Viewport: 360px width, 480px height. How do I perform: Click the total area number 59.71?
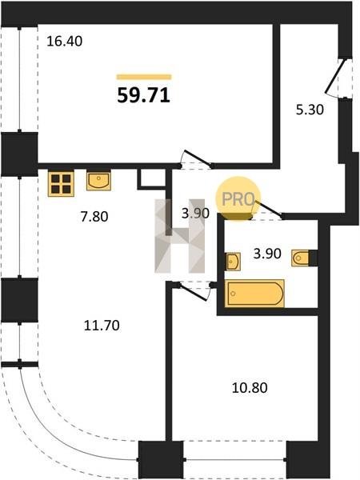click(x=143, y=95)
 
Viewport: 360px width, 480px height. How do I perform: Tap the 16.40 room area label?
click(x=64, y=42)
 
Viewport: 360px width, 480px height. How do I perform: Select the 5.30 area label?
click(x=310, y=110)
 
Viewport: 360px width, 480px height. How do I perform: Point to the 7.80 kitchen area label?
click(x=94, y=217)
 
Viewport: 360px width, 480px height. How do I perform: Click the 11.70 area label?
click(x=102, y=326)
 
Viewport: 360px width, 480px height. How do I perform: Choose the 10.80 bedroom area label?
click(x=250, y=388)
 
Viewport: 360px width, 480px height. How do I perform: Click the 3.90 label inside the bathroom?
click(x=267, y=254)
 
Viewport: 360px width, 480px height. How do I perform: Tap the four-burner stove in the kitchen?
click(x=61, y=184)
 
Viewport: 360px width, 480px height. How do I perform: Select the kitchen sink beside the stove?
click(x=98, y=181)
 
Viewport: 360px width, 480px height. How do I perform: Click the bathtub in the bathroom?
click(x=254, y=294)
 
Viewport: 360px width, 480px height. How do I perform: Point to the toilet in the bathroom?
click(x=301, y=258)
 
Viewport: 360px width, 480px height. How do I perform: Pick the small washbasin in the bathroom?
click(x=234, y=262)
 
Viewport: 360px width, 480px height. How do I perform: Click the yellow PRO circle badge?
click(x=238, y=199)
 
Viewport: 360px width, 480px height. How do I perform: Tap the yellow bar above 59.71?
click(x=144, y=77)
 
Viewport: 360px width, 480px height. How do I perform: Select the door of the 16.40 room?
click(x=196, y=159)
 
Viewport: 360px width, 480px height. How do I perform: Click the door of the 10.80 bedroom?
click(x=194, y=291)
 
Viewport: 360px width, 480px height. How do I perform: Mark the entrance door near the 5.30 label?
click(x=335, y=77)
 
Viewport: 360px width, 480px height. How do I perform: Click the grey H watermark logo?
click(x=180, y=236)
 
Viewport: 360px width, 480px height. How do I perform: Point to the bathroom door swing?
click(x=266, y=210)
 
